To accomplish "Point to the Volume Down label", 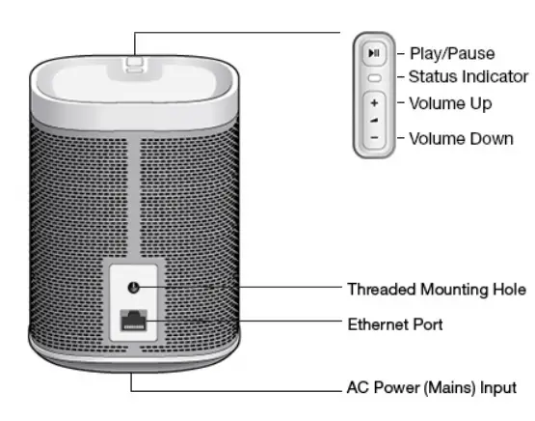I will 461,138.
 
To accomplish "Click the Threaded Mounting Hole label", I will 436,289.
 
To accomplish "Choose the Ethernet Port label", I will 395,324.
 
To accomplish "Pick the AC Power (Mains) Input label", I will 431,388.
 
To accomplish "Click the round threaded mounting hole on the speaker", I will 134,288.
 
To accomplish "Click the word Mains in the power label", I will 455,388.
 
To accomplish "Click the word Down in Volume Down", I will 492,138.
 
